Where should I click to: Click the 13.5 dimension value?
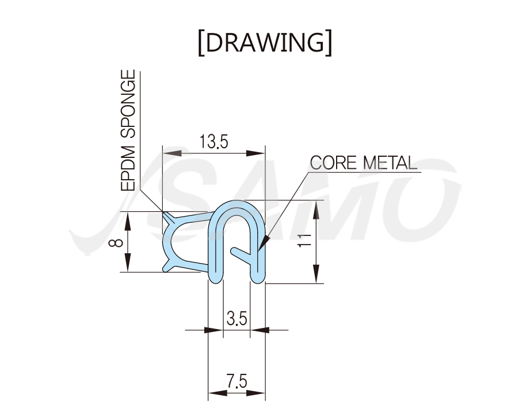pyautogui.click(x=213, y=141)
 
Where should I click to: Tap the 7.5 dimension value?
pyautogui.click(x=237, y=381)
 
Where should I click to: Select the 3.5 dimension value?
pyautogui.click(x=237, y=318)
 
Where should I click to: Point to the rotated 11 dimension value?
pyautogui.click(x=304, y=240)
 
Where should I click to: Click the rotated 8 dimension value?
pyautogui.click(x=117, y=242)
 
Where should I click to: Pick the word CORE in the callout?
pyautogui.click(x=333, y=163)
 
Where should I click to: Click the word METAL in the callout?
pyautogui.click(x=390, y=163)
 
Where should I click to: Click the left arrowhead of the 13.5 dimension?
pyautogui.click(x=172, y=153)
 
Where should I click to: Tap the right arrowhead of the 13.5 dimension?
pyautogui.click(x=256, y=153)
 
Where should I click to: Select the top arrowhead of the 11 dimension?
pyautogui.click(x=316, y=210)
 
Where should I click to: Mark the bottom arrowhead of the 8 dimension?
pyautogui.click(x=128, y=262)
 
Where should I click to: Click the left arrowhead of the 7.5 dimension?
pyautogui.click(x=218, y=393)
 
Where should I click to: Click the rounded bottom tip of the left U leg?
pyautogui.click(x=215, y=279)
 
